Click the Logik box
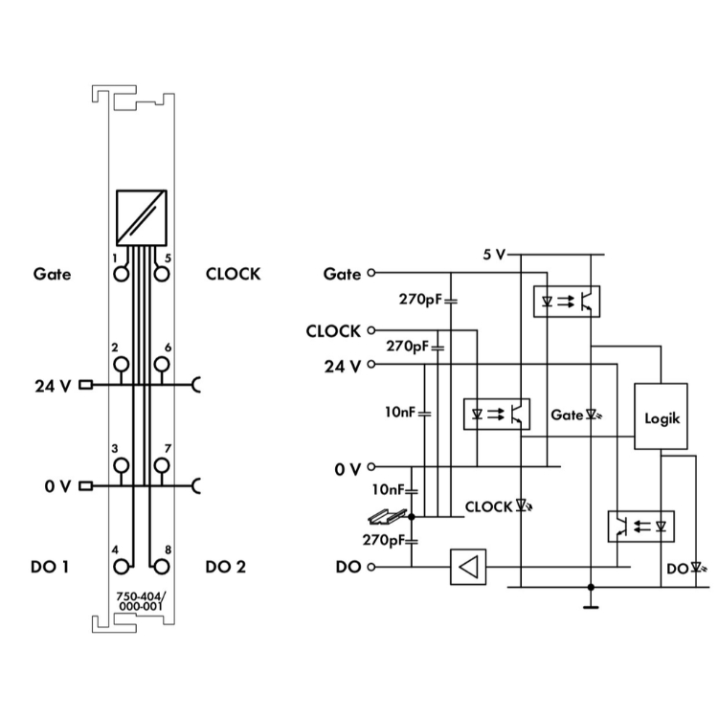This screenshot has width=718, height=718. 662,417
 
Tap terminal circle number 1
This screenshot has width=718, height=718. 121,273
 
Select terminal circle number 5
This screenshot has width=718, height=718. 163,273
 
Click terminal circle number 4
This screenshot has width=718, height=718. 121,566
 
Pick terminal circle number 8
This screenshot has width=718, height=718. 163,566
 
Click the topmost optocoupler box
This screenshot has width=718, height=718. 565,301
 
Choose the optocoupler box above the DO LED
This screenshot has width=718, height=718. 640,526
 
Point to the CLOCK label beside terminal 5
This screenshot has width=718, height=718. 233,274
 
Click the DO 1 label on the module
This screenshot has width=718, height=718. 50,567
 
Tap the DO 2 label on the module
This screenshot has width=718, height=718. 226,567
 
